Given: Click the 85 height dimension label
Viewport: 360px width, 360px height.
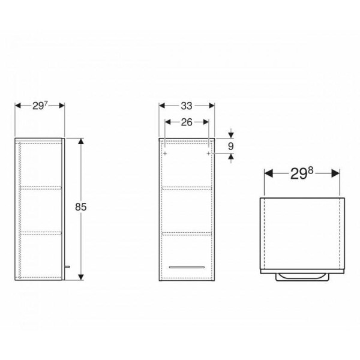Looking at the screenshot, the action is point(81,207).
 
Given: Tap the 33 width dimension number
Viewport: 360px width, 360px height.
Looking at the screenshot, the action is point(186,106).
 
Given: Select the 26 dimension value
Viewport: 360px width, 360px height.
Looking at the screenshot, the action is point(187,122).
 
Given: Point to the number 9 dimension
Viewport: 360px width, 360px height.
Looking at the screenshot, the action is point(231,146).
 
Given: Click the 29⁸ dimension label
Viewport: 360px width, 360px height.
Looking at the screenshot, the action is point(302,173).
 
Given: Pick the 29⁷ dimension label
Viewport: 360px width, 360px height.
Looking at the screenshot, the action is point(40,106).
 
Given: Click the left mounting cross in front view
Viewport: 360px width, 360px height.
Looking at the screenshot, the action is point(165,153).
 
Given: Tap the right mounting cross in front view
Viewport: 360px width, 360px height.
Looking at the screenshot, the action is point(208,153).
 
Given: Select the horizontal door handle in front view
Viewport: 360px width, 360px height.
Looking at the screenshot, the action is point(187,267).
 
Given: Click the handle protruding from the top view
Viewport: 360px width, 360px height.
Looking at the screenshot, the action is point(302,277).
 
